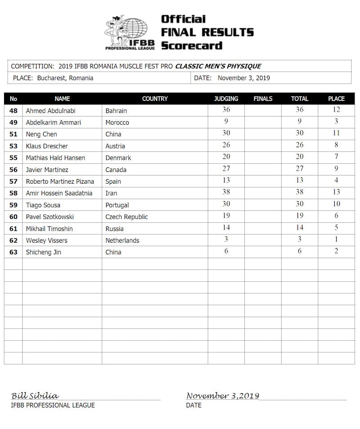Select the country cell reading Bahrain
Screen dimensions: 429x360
point(116,111)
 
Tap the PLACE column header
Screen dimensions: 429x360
point(336,99)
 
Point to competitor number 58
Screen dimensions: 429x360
point(13,193)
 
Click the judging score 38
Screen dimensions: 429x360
point(226,192)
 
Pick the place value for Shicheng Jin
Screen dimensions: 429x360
point(336,251)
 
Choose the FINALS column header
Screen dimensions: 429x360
point(263,99)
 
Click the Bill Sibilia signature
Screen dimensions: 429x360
point(35,396)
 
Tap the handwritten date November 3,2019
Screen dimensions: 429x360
point(223,396)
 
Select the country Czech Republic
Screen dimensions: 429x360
point(126,217)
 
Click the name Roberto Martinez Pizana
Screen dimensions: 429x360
point(60,181)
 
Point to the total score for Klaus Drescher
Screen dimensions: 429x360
point(300,145)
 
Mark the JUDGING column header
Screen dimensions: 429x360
point(226,99)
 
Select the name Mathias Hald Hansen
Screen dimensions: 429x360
point(55,158)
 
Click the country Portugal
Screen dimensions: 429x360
point(117,205)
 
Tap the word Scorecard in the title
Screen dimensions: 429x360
point(192,45)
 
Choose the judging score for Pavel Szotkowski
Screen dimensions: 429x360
point(226,216)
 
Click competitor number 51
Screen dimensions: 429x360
point(13,134)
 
